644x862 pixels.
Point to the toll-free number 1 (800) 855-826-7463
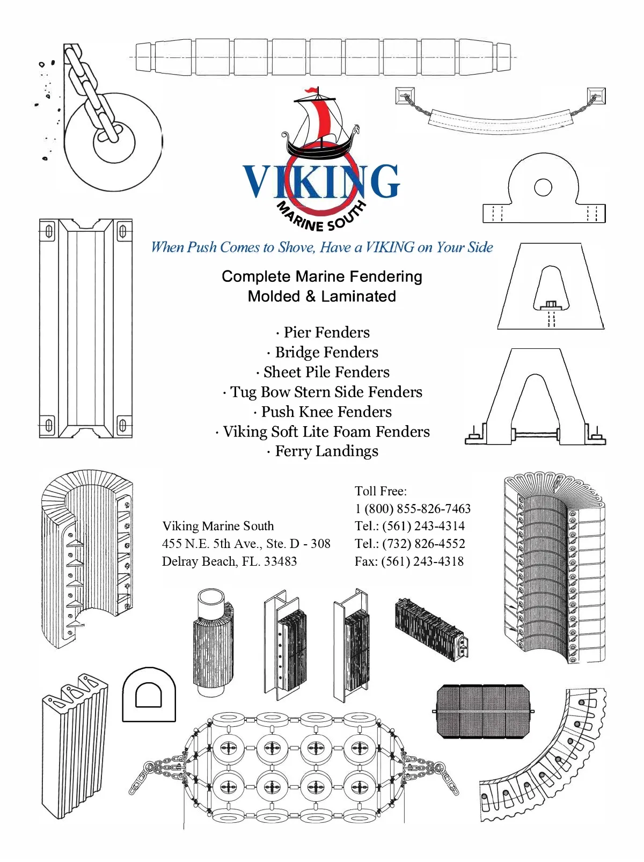point(412,508)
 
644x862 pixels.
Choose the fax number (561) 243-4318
point(422,561)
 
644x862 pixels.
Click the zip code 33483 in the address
point(280,561)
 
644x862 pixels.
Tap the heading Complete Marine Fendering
point(321,276)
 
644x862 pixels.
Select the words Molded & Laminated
point(321,296)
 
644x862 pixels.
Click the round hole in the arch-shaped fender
point(543,187)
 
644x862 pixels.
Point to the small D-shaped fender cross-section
point(149,695)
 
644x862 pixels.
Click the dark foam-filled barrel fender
point(482,712)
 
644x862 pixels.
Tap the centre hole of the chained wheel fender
point(114,141)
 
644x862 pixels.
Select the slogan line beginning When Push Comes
point(321,247)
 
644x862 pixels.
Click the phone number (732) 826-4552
point(423,544)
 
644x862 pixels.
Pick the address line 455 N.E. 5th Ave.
point(246,544)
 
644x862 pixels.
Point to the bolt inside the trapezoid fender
point(551,305)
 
